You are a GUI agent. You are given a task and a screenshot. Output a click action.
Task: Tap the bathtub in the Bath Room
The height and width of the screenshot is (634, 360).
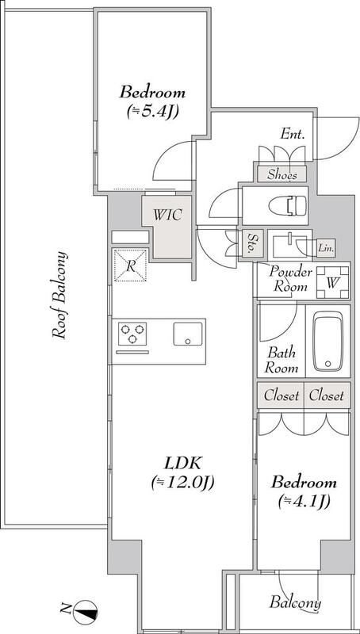tap(328, 341)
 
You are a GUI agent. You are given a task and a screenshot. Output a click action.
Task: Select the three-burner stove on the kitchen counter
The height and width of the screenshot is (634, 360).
tap(132, 334)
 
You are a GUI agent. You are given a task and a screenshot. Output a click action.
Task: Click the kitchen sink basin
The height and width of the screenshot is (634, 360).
tap(188, 334)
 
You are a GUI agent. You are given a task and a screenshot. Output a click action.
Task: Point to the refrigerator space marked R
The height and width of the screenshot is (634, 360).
tap(130, 265)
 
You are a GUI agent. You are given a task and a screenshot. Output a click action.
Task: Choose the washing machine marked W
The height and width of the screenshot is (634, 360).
tap(332, 282)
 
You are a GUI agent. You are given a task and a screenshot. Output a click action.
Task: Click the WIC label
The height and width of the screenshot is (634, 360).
tap(167, 215)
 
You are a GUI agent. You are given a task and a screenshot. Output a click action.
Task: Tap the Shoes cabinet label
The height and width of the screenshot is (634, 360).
tap(282, 174)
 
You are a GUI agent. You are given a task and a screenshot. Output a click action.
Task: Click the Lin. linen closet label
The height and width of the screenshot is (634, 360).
tap(326, 248)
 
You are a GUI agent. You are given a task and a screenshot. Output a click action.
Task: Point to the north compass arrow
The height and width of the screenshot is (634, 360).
tap(86, 610)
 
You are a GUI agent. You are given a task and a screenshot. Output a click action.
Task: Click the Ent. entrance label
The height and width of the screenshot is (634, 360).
tap(292, 135)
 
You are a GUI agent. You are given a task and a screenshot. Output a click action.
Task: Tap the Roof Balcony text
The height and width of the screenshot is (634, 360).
tap(59, 295)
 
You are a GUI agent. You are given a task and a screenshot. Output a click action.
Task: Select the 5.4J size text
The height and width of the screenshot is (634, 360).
tap(153, 112)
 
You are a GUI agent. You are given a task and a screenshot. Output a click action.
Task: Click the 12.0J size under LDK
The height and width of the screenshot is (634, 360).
tap(182, 483)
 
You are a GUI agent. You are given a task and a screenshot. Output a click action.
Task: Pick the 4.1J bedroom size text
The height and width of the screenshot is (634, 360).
tap(304, 502)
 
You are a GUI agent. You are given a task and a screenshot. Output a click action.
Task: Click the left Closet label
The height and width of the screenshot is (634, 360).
tap(281, 395)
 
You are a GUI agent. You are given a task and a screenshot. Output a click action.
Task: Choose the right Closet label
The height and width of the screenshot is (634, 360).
tap(327, 395)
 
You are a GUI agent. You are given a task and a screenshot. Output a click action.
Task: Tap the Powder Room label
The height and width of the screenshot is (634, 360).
tap(291, 279)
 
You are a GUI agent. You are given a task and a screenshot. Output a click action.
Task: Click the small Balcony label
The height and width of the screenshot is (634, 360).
tap(295, 603)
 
